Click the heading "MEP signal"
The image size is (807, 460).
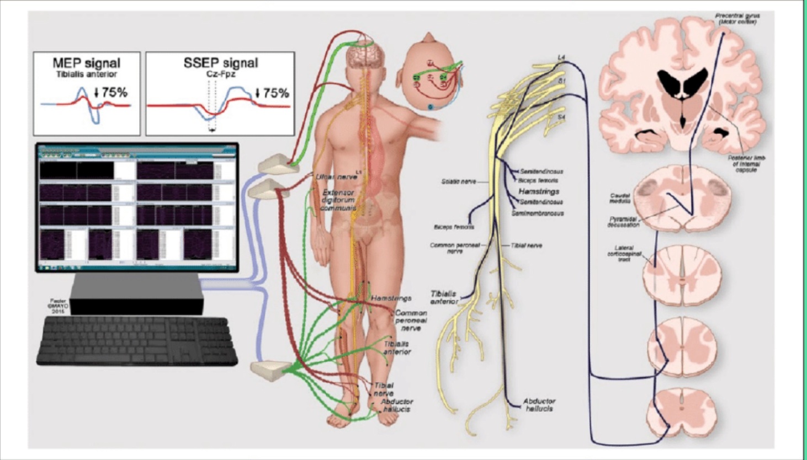87,63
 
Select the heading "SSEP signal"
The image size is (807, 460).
220,63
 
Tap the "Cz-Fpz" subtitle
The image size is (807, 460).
220,74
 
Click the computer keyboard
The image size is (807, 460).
137,341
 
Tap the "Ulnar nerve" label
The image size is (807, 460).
336,177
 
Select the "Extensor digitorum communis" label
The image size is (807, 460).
338,200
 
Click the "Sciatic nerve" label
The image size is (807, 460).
458,181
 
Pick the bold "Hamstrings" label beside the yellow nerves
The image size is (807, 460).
539,191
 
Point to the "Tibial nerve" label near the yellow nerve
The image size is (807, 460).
526,245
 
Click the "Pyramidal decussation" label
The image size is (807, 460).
623,222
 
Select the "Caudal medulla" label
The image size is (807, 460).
620,198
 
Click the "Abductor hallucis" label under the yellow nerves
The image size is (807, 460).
539,405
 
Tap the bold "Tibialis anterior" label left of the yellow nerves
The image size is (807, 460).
444,297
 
